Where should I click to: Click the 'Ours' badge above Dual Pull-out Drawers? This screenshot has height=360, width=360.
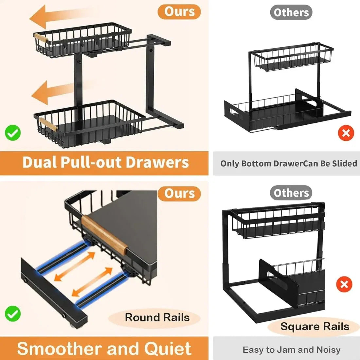[179, 12]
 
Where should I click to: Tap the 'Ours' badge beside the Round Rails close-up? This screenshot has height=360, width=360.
[179, 193]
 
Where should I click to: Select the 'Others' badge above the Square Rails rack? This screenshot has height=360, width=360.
[291, 193]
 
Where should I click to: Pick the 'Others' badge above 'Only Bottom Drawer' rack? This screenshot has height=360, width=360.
[291, 12]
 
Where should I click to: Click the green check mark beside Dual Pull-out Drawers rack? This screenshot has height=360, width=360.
[13, 133]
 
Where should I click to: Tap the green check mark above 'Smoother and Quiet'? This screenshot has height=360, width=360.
[13, 314]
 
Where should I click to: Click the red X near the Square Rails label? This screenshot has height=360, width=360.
[344, 284]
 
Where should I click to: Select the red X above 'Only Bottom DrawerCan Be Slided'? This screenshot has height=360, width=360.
[346, 133]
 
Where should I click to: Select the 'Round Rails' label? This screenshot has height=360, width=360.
[157, 317]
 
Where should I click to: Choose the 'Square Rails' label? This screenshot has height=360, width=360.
[315, 327]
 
